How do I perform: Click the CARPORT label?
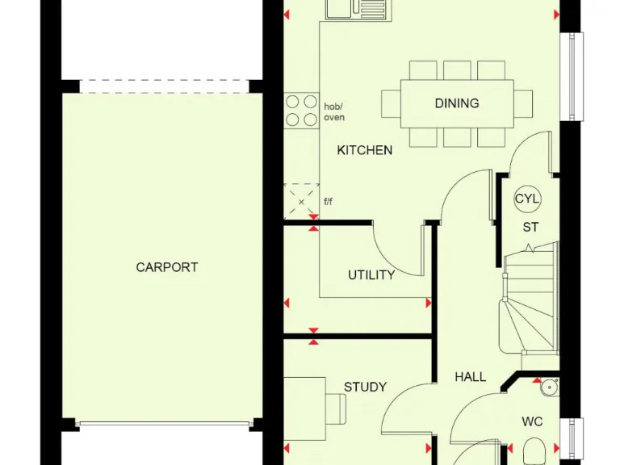tap(166, 267)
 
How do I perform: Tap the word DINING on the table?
tap(456, 103)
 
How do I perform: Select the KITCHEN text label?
tap(364, 150)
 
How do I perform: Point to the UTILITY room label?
tap(371, 274)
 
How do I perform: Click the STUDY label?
tap(365, 387)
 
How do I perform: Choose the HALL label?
tap(470, 376)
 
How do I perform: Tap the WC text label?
tap(531, 421)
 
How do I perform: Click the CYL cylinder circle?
tap(528, 199)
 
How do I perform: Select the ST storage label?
tap(530, 227)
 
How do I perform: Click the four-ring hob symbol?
tap(301, 111)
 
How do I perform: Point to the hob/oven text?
tap(334, 111)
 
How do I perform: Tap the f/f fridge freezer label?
tap(329, 202)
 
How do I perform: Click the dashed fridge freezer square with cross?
tap(301, 200)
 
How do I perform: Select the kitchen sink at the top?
tap(357, 9)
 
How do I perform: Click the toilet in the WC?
tap(534, 449)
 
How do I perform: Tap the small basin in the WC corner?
tap(549, 386)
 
